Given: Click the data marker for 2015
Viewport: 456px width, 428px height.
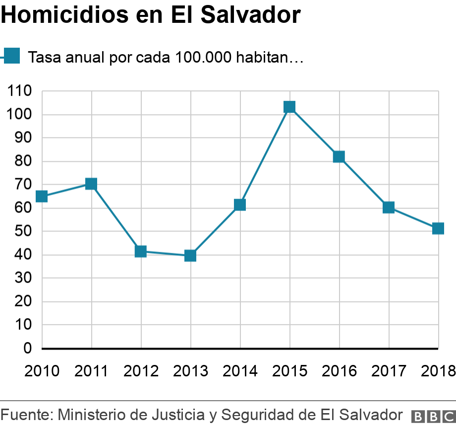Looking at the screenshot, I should click(289, 107).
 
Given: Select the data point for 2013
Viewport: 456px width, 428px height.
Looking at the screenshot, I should click(190, 256).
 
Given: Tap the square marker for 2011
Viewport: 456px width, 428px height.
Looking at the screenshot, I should click(91, 184).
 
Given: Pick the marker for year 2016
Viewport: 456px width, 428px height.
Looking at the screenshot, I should click(339, 157).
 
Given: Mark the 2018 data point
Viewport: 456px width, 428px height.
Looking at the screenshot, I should click(438, 228).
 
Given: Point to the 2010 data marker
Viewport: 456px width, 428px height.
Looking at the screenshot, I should click(42, 197).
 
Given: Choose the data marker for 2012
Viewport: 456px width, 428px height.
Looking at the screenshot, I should click(141, 251).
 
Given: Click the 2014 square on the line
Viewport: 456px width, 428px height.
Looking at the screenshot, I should click(240, 205).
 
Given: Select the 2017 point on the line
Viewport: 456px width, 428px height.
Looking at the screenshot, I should click(389, 208).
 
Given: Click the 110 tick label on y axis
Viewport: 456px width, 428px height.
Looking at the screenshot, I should click(19, 91).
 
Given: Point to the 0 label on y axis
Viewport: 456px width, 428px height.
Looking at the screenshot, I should click(27, 349).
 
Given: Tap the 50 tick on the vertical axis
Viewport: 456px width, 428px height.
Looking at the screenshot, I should click(23, 232).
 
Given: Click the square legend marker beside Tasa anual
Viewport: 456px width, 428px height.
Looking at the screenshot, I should click(12, 56).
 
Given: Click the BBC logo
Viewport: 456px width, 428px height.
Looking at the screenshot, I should click(433, 416).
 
